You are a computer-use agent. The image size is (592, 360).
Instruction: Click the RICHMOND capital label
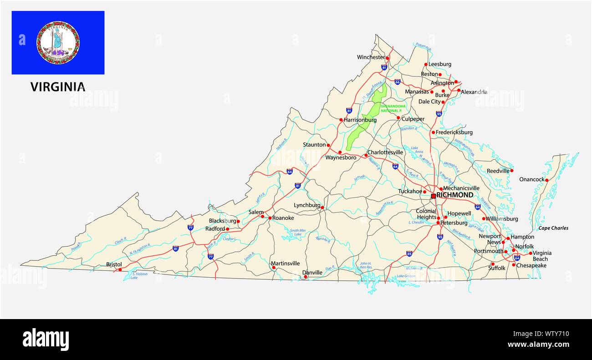(x=454, y=195)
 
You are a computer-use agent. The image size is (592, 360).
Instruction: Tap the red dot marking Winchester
(x=388, y=58)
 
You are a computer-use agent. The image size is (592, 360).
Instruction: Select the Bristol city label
(x=114, y=264)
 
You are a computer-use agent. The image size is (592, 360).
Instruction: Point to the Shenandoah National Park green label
(x=393, y=108)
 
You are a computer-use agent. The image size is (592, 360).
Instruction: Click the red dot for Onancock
(x=547, y=180)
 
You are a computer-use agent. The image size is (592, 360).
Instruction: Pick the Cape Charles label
(x=553, y=228)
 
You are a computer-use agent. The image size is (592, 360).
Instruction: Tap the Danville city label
(x=312, y=273)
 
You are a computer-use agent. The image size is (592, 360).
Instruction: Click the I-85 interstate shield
(x=409, y=253)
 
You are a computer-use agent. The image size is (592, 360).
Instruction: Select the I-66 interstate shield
(x=398, y=82)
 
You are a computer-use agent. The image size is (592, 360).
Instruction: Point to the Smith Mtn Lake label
(x=297, y=232)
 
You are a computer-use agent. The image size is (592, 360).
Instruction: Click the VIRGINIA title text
(x=58, y=87)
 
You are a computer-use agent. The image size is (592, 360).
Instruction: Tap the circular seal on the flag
(x=58, y=42)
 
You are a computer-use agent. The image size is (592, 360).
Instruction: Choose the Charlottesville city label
(x=385, y=152)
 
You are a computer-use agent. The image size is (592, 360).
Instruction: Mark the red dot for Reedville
(x=512, y=171)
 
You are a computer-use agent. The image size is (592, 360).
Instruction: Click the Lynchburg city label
(x=307, y=205)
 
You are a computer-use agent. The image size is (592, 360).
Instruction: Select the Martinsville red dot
(x=274, y=268)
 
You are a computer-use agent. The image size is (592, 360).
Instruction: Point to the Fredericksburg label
(x=454, y=132)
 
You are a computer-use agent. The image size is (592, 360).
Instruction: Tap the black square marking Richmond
(x=433, y=196)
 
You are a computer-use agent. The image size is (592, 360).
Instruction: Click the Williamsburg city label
(x=502, y=219)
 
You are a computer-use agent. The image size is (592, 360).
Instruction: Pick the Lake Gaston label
(x=406, y=276)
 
